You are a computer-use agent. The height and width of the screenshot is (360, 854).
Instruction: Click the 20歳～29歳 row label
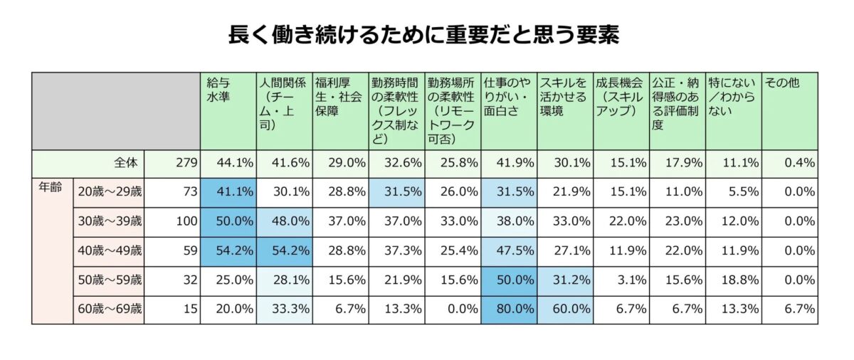click(x=109, y=191)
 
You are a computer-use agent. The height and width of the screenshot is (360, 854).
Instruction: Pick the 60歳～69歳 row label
click(x=109, y=309)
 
